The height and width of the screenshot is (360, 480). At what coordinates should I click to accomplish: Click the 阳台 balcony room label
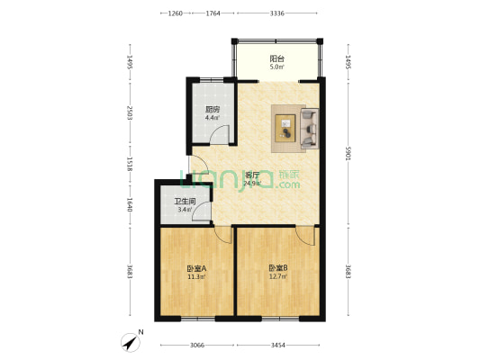click(276, 58)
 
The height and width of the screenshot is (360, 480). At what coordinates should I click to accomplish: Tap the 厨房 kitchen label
click(213, 110)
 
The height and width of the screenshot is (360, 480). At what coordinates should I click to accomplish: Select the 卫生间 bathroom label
click(186, 202)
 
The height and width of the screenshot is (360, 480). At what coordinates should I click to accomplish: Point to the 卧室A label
click(196, 268)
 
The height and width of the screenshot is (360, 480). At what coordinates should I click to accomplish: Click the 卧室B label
click(278, 268)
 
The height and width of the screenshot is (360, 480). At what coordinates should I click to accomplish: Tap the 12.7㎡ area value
click(278, 277)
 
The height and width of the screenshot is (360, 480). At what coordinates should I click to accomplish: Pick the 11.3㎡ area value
click(196, 277)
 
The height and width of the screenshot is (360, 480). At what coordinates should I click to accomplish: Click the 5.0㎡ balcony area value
click(276, 67)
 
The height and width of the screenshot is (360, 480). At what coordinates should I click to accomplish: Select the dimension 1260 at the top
click(176, 13)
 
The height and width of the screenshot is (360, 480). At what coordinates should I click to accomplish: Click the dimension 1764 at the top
click(213, 13)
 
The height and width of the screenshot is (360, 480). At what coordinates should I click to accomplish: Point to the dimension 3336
click(277, 13)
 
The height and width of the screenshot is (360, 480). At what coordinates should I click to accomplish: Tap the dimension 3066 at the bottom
click(197, 346)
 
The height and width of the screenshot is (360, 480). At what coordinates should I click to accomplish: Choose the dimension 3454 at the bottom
click(278, 346)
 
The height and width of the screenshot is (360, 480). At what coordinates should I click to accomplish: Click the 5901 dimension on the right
click(348, 154)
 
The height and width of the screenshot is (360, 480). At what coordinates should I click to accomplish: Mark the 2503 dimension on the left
click(130, 112)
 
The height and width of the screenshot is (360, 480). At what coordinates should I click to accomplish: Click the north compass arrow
click(131, 343)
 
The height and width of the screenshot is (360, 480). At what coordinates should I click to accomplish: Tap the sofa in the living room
click(310, 129)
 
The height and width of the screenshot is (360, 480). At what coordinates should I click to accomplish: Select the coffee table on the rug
click(285, 128)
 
